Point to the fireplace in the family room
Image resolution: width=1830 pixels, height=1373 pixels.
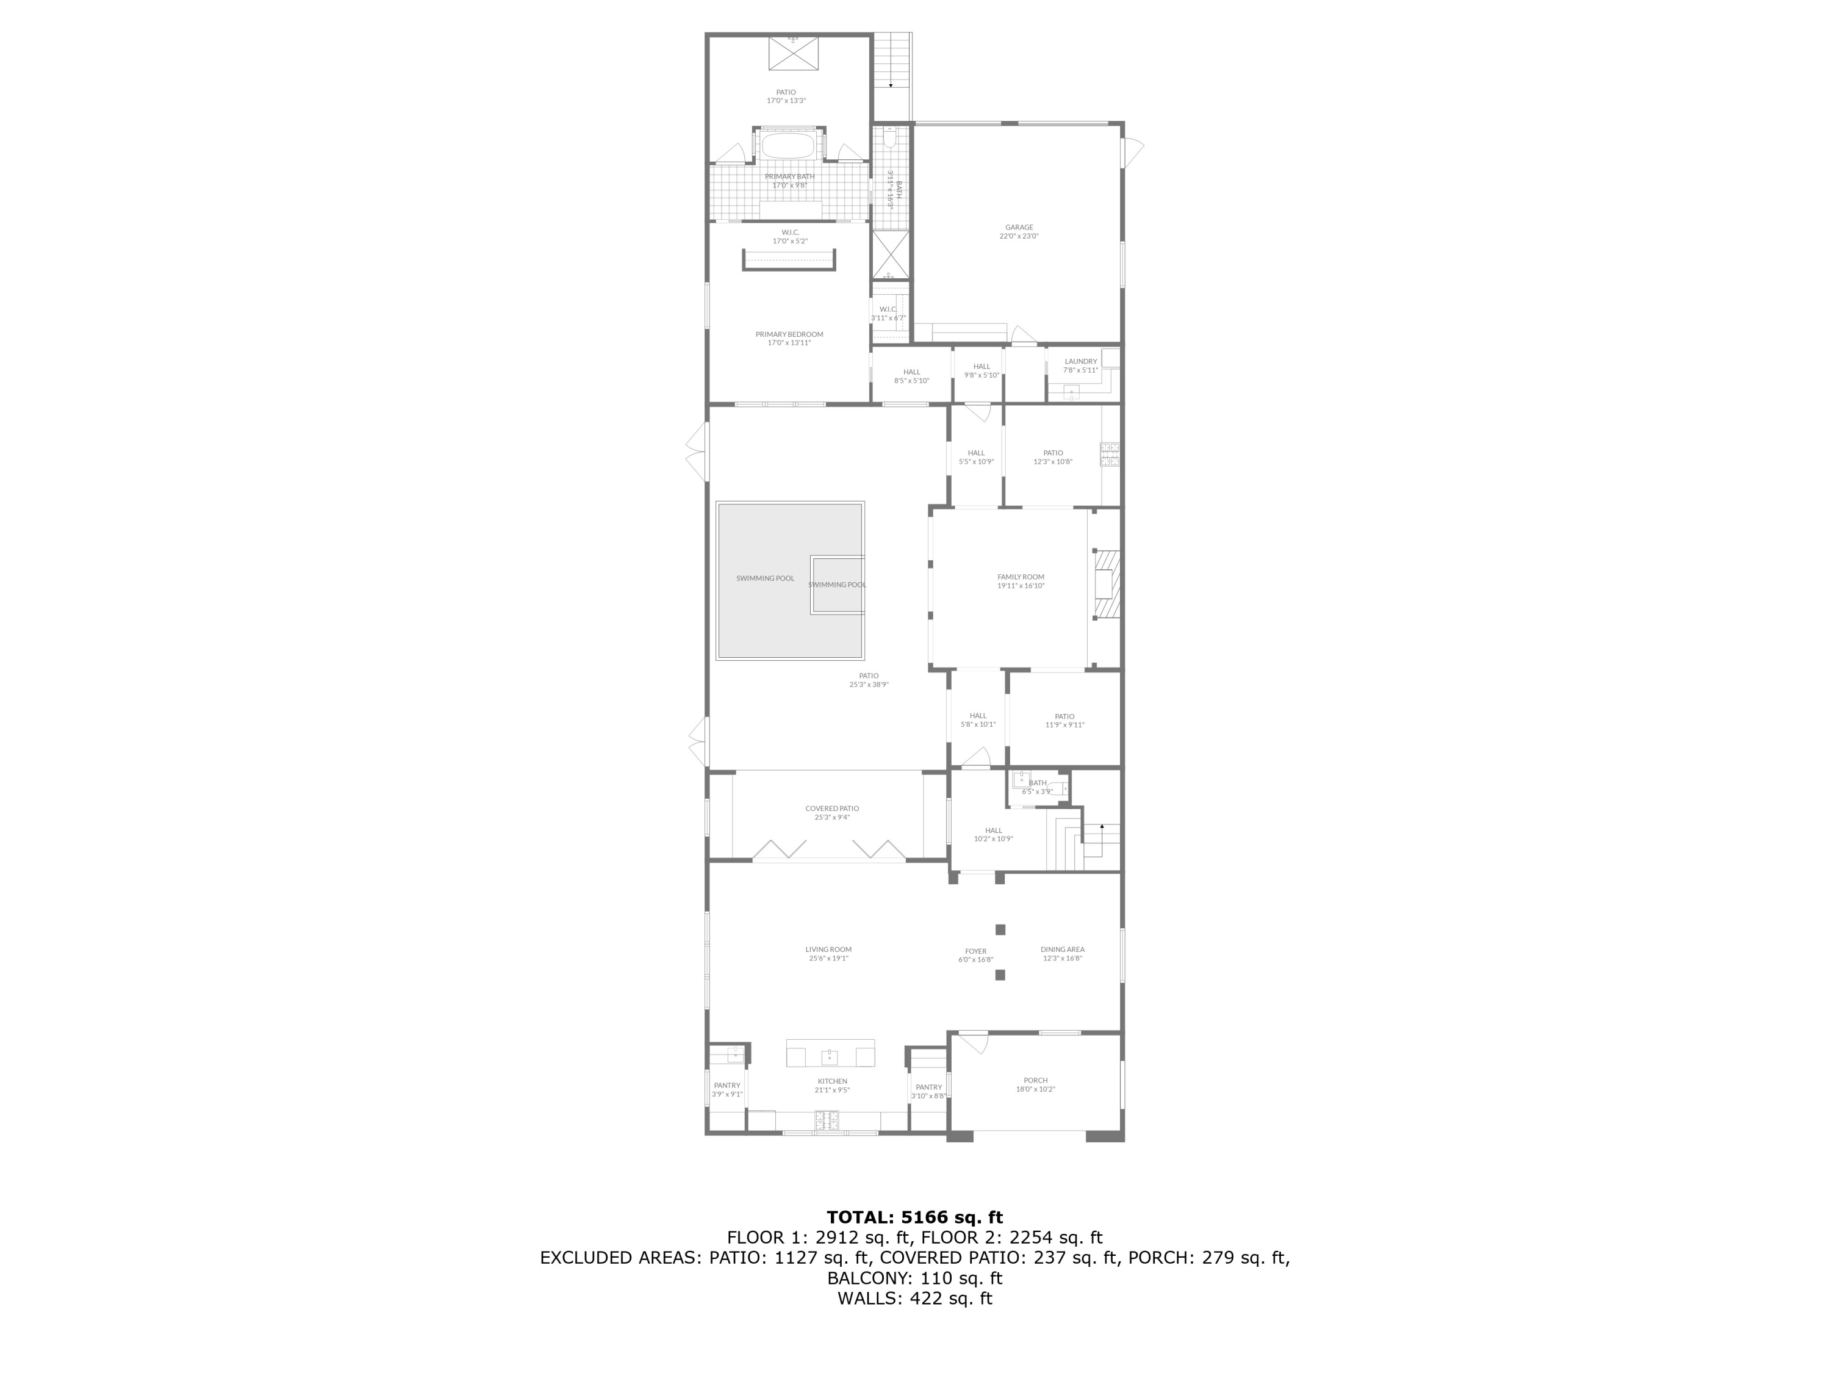tap(1105, 583)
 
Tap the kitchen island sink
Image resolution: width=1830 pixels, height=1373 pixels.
tap(829, 1057)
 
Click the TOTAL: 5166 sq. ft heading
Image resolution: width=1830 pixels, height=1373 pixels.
tap(914, 1217)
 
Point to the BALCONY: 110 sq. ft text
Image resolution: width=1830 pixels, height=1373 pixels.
tap(914, 1278)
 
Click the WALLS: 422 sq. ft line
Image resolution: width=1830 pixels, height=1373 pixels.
tap(914, 1299)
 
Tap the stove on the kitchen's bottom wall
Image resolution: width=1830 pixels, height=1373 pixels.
tap(827, 1122)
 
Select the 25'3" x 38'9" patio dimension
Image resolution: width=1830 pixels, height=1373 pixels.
tap(869, 685)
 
